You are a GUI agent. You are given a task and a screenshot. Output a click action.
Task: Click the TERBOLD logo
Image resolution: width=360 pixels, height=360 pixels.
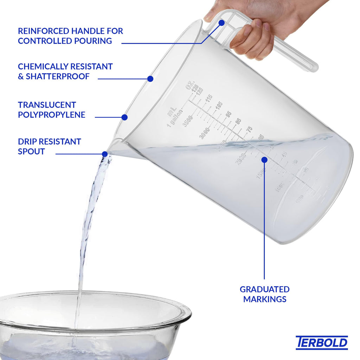322,342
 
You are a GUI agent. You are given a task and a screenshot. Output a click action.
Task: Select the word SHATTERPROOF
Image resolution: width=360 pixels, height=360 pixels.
58,76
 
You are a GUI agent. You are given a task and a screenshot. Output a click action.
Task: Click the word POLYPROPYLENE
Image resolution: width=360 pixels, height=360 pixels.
52,115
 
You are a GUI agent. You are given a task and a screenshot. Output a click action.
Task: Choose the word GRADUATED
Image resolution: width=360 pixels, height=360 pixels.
264,289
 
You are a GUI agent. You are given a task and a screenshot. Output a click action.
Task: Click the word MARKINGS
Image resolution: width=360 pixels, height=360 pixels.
264,299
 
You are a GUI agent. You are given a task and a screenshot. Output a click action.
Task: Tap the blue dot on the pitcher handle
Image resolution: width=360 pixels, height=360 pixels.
221,23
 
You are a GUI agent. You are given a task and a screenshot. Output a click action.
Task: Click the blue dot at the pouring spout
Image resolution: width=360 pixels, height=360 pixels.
105,154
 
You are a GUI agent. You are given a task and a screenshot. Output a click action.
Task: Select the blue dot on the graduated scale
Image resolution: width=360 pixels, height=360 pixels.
264,160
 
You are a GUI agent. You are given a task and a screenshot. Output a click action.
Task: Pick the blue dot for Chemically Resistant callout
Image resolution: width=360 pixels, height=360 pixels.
150,79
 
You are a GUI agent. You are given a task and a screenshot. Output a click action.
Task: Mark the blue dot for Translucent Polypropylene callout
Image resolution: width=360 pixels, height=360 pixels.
124,117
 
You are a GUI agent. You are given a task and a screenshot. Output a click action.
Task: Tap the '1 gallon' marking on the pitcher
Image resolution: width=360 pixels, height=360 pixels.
175,119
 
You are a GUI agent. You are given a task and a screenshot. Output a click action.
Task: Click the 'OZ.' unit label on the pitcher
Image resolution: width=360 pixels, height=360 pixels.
190,85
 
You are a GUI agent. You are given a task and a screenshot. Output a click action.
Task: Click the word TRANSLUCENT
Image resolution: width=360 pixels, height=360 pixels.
47,105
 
